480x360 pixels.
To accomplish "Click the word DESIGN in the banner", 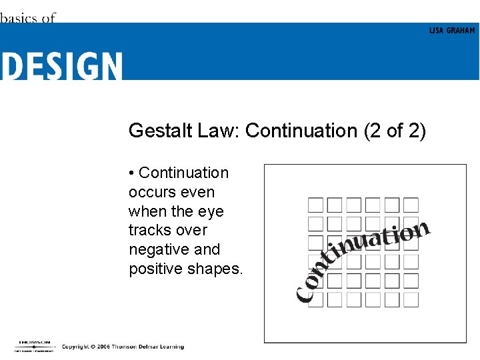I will [61, 67].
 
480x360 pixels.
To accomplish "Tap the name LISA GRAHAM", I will [452, 31].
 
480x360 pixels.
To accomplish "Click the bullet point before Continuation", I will [132, 173].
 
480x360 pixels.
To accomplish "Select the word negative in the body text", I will [157, 250].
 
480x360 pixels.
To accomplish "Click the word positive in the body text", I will [155, 269].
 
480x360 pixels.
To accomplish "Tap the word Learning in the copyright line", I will [170, 347].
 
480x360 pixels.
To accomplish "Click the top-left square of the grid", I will [315, 205].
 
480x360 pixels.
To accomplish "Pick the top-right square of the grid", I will [411, 205].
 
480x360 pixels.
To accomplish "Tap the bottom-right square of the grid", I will [411, 299].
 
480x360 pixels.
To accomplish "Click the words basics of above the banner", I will [27, 18].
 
